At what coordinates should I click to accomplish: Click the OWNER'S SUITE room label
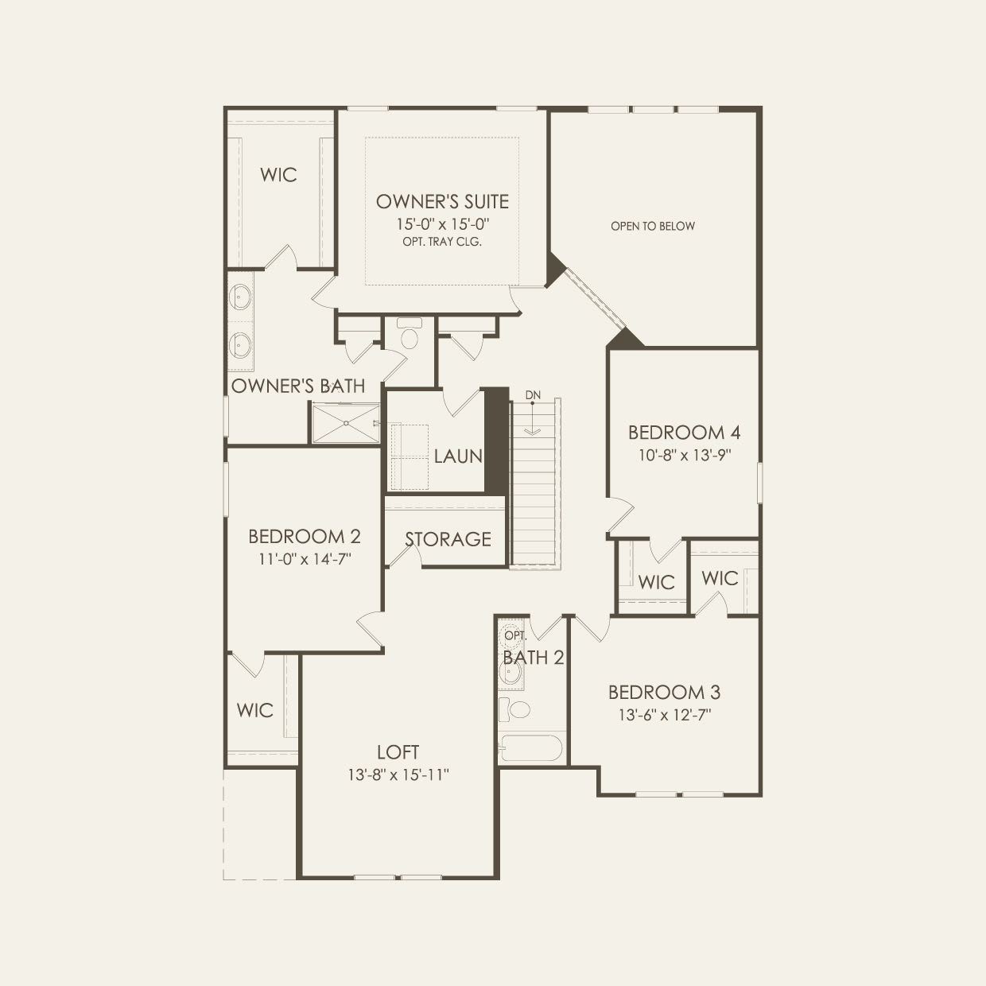[x=443, y=202]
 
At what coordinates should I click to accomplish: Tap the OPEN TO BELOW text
[x=653, y=226]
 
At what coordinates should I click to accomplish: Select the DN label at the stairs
[x=533, y=395]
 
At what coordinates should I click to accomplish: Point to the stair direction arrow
[x=533, y=418]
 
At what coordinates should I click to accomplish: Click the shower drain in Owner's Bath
[x=347, y=423]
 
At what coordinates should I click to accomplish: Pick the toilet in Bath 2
[x=514, y=709]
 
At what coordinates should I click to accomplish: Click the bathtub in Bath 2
[x=531, y=748]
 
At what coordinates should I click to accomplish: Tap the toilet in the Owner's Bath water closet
[x=410, y=334]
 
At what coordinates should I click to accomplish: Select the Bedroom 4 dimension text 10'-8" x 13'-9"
[x=685, y=455]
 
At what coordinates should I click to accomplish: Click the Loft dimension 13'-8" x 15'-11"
[x=398, y=775]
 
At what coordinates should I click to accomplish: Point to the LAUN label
[x=458, y=456]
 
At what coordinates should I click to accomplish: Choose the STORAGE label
[x=448, y=539]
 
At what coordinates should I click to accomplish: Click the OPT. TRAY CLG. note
[x=442, y=242]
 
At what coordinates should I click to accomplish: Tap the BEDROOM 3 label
[x=664, y=693]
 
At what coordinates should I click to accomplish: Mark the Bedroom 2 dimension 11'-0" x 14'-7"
[x=305, y=559]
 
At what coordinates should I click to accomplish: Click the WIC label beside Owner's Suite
[x=278, y=175]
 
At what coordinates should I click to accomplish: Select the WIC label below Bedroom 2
[x=254, y=710]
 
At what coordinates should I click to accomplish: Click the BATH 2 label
[x=534, y=658]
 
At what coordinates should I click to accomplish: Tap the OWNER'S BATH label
[x=298, y=386]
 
